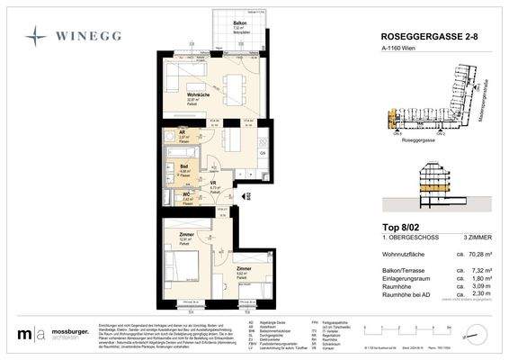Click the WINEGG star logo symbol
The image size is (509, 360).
[x=34, y=37]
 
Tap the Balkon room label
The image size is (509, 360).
[x=239, y=22]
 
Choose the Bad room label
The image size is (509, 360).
[x=183, y=166]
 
